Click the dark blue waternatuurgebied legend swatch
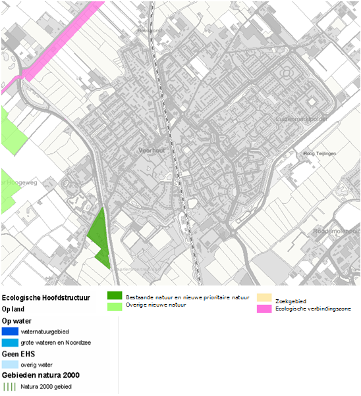[x=10, y=332]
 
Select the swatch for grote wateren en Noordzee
[x=10, y=343]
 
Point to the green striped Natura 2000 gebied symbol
[x=10, y=386]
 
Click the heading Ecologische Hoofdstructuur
[x=45, y=298]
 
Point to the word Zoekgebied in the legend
[x=291, y=301]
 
